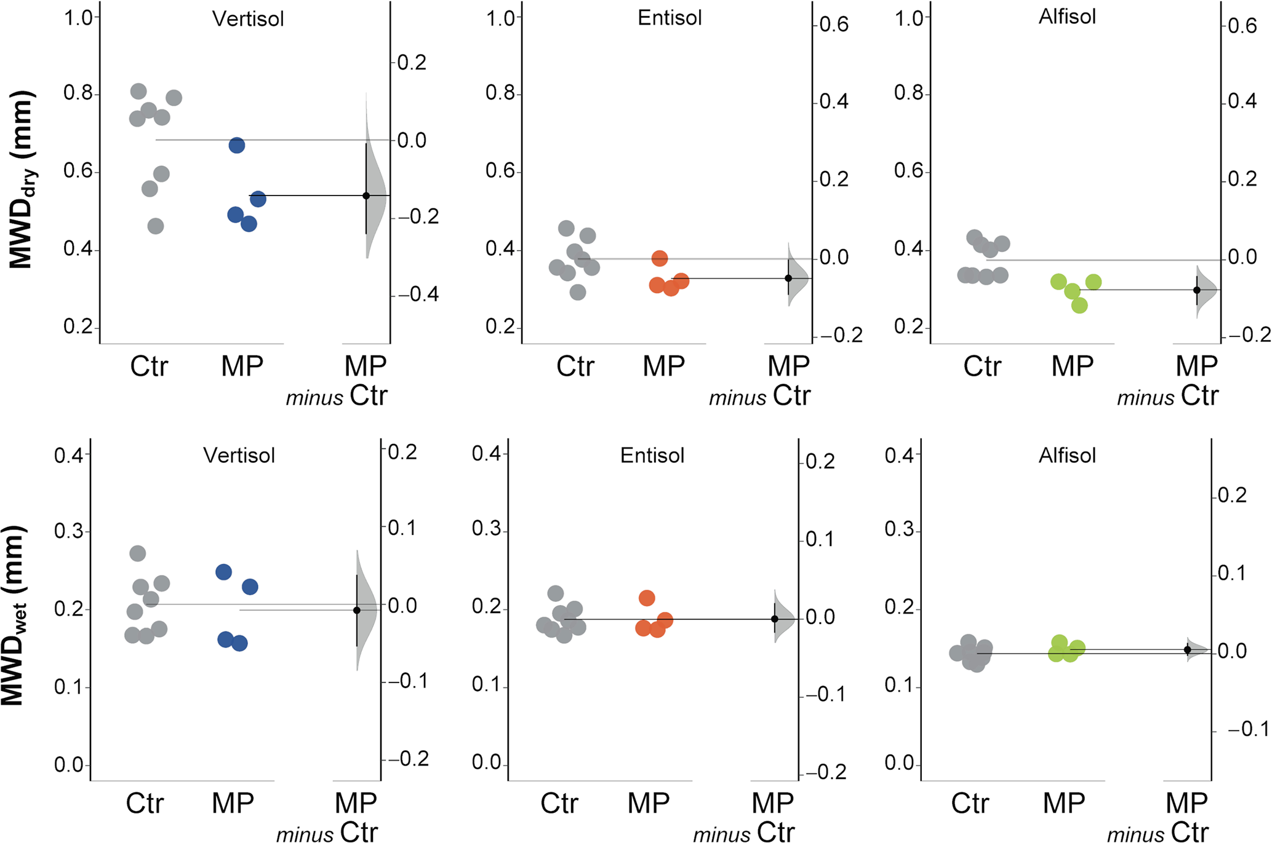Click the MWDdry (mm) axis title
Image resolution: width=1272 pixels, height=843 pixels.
pos(22,180)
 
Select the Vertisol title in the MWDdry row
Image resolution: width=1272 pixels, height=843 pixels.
pos(248,18)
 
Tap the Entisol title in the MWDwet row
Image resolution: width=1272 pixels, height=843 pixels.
pos(652,455)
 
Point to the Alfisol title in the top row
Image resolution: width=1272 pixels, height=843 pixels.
pos(1067,17)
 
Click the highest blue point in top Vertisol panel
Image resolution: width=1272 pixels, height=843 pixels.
pos(237,146)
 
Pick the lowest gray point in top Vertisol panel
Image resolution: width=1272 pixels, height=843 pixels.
pos(156,226)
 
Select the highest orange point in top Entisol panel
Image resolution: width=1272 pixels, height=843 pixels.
pos(660,258)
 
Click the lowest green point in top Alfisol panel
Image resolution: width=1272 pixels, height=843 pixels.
pos(1079,305)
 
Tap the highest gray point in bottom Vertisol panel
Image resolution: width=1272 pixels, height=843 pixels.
pos(138,553)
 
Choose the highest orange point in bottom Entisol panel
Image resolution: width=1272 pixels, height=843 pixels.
pos(647,598)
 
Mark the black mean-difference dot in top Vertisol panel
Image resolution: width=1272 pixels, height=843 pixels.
pos(366,196)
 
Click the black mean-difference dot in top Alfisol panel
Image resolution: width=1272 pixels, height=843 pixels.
pos(1197,290)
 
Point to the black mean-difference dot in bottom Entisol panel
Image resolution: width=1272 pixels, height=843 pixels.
pos(775,619)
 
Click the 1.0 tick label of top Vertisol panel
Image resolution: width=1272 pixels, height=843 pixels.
pos(78,18)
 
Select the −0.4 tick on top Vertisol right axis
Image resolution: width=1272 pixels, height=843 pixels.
pos(418,295)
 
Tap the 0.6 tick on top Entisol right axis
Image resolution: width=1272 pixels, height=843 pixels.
pos(834,25)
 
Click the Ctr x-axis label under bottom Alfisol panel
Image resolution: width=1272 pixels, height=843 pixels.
pos(970,803)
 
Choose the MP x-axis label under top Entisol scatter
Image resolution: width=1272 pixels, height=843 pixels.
pos(663,366)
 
